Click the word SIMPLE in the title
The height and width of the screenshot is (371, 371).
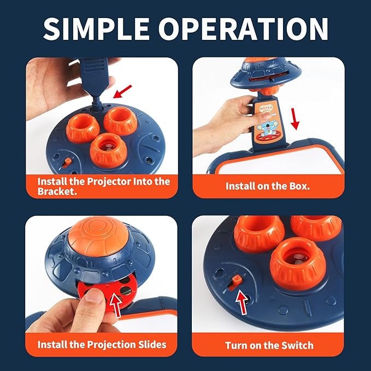click(96, 29)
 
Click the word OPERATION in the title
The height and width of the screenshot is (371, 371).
click(244, 29)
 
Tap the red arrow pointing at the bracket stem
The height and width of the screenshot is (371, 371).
click(122, 91)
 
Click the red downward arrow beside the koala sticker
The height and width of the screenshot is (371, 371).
click(295, 119)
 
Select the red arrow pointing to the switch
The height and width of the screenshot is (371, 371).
click(242, 302)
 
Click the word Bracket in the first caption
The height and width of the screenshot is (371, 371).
click(57, 191)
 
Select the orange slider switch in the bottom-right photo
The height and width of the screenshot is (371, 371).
click(236, 280)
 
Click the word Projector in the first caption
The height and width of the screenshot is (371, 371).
click(109, 182)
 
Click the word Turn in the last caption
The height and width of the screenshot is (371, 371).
click(235, 345)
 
